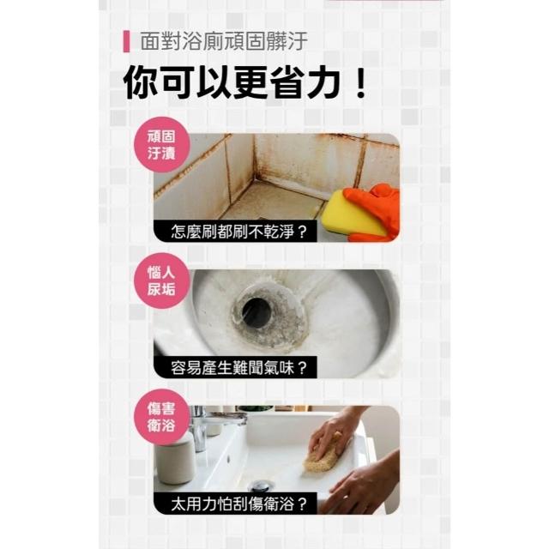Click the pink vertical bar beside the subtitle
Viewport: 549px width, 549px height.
[x=126, y=42]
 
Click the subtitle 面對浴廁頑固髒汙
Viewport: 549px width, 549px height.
[x=224, y=41]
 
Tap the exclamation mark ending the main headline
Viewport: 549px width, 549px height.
[x=359, y=83]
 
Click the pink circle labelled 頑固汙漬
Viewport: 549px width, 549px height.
[x=162, y=145]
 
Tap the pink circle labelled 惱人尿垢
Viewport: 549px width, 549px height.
[x=162, y=281]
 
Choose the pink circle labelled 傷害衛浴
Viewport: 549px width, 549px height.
[x=162, y=417]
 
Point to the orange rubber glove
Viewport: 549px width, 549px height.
[x=377, y=210]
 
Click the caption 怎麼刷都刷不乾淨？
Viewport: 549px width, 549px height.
[x=239, y=232]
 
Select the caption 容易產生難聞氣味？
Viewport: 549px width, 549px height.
[x=239, y=368]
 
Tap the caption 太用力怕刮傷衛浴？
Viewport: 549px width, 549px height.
[x=239, y=504]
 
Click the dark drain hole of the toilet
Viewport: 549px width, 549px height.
[x=256, y=312]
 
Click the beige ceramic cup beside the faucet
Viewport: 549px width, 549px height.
[x=174, y=458]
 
